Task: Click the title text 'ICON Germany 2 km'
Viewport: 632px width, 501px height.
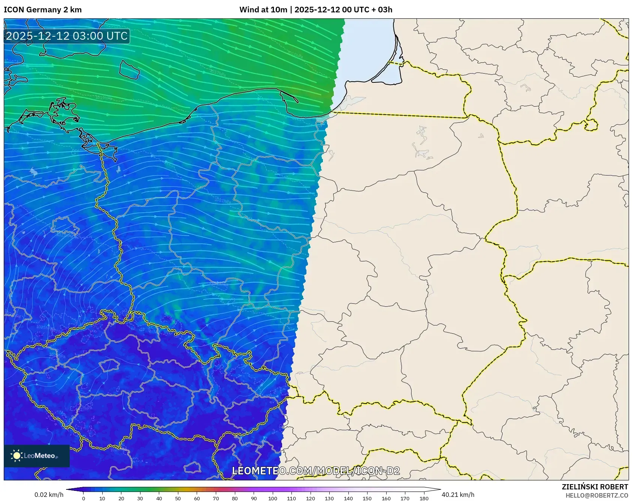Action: (x=43, y=10)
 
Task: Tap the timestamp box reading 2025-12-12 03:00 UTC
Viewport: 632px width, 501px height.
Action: (x=67, y=36)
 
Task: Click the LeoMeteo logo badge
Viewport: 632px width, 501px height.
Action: (x=37, y=456)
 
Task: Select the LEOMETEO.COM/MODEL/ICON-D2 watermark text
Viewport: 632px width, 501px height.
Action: (x=316, y=471)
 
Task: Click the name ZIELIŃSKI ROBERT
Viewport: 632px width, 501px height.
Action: (x=595, y=487)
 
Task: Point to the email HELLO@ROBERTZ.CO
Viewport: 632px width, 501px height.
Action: (x=596, y=495)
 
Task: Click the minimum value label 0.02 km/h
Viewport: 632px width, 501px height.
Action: (x=49, y=495)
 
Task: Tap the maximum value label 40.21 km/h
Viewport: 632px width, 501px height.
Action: (x=458, y=495)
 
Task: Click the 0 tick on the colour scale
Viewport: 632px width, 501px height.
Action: (x=84, y=498)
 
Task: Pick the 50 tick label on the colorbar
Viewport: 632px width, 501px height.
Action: (x=178, y=498)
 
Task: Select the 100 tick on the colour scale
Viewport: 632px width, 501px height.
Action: (x=272, y=498)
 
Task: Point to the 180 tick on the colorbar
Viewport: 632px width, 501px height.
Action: (x=424, y=498)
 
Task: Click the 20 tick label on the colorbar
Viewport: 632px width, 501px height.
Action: (x=121, y=498)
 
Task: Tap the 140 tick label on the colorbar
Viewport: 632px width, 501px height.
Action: (x=348, y=498)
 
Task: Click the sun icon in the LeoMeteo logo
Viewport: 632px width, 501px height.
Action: (x=17, y=456)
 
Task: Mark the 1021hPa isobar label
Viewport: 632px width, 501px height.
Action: (x=223, y=200)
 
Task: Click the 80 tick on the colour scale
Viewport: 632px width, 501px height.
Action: (x=235, y=498)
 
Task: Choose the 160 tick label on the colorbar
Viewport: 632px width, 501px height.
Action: (x=386, y=498)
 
